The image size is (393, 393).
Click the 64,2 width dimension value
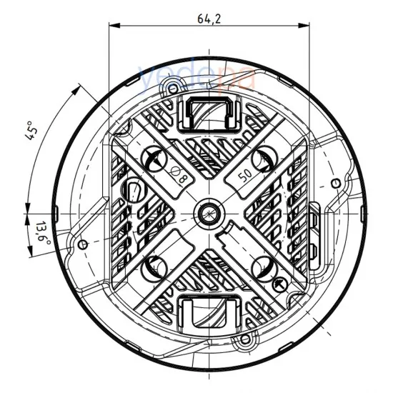[209, 19]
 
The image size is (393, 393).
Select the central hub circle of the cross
[209, 212]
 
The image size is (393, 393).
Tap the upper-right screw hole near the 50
[264, 158]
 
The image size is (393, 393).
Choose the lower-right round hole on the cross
[264, 267]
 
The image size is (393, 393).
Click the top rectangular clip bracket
[209, 114]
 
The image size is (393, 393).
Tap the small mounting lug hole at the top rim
[171, 88]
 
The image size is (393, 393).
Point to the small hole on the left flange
[83, 244]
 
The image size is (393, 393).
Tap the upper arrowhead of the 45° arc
[78, 88]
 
